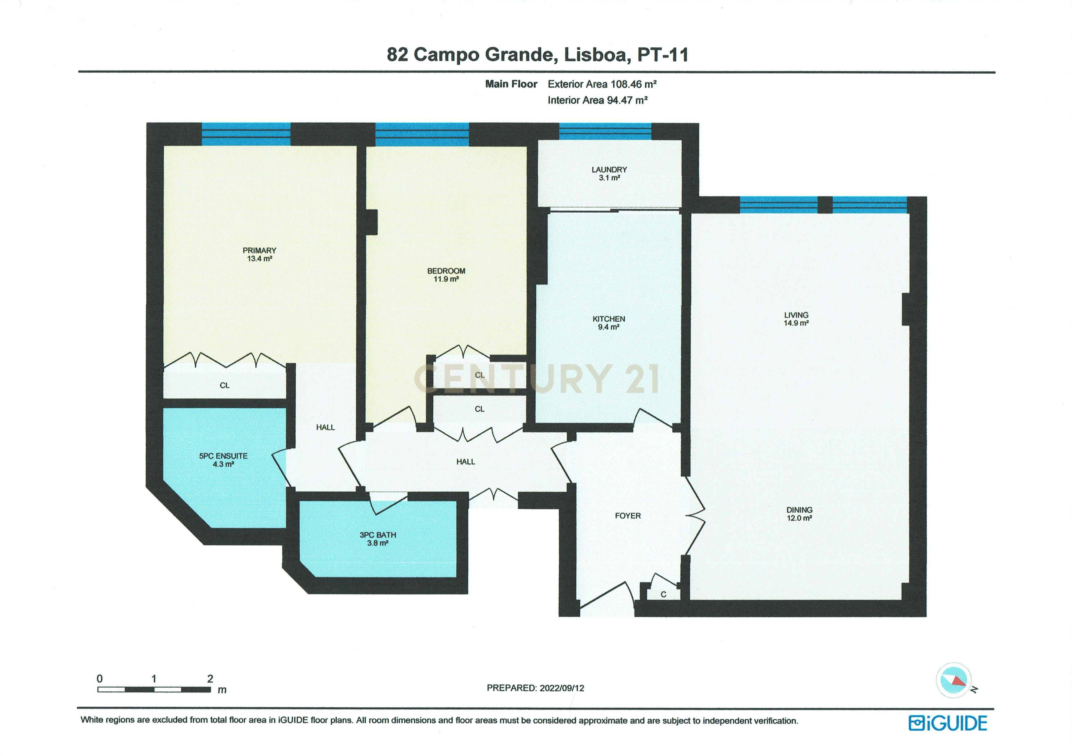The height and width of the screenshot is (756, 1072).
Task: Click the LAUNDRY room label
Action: (x=609, y=173)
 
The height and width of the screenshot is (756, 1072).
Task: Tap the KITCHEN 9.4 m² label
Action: (x=608, y=323)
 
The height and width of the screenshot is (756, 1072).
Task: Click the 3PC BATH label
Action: (x=378, y=539)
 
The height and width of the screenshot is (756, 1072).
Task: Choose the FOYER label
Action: (x=627, y=515)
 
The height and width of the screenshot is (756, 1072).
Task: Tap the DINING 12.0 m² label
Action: (x=799, y=514)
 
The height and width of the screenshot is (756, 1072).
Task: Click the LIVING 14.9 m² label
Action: (x=796, y=319)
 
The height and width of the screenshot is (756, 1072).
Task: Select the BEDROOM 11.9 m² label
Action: (x=446, y=274)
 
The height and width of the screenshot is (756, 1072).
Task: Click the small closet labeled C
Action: (x=663, y=594)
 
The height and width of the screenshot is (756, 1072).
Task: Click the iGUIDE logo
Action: (x=947, y=723)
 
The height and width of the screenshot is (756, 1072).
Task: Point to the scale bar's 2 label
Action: (x=210, y=678)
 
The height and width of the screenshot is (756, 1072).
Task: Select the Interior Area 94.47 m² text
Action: (x=597, y=100)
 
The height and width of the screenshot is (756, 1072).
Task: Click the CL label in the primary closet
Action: (x=225, y=385)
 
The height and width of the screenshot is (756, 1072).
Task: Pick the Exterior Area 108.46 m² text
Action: (x=602, y=84)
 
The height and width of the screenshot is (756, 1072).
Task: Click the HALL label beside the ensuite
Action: (x=326, y=427)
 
